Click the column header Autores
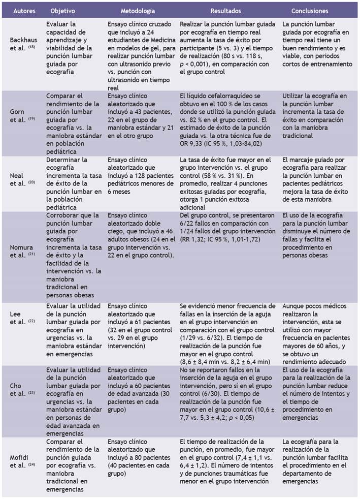24,11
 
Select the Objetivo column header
63,11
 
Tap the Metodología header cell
137,11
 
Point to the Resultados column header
226,11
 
